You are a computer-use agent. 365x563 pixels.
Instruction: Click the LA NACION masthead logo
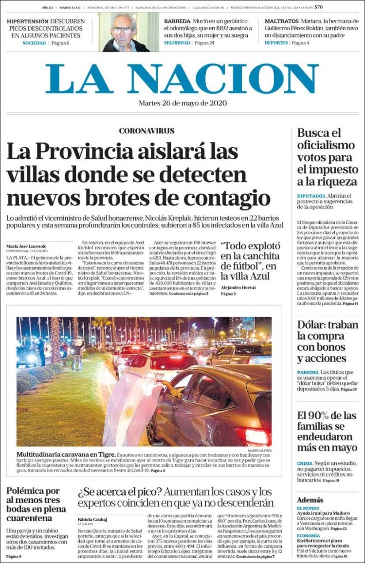tap(182, 78)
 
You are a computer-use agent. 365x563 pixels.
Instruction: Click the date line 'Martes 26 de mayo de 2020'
tap(182, 103)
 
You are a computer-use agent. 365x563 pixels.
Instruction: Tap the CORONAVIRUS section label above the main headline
tap(146, 131)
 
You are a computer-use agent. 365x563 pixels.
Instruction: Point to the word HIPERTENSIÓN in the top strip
tap(28, 21)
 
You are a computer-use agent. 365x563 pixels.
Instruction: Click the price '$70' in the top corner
tap(319, 7)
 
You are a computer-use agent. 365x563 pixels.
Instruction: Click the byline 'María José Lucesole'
tap(26, 246)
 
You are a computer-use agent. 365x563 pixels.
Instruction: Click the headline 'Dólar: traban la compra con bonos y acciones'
tap(328, 341)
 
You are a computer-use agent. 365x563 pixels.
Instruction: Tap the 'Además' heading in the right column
tap(310, 500)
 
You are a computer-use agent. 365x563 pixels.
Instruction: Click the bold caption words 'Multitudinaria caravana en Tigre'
tap(63, 454)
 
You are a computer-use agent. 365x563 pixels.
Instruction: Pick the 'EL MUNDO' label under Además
tap(308, 508)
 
